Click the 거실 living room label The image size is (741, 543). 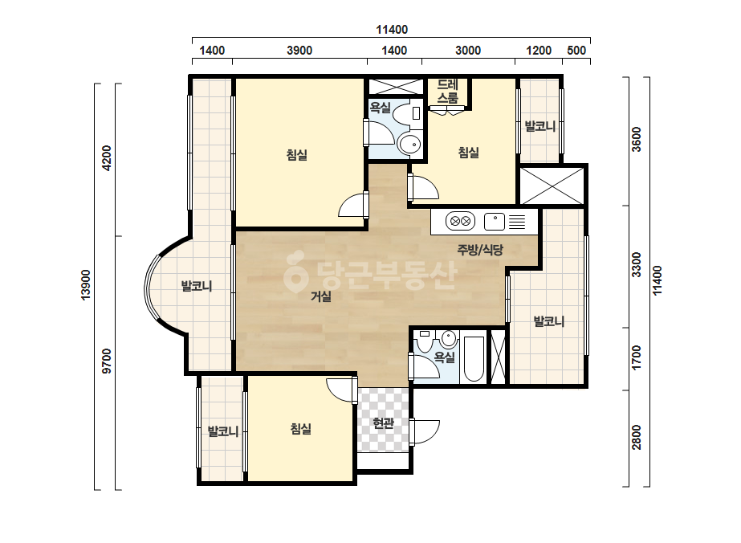click(x=321, y=296)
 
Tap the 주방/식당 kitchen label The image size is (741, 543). click(x=480, y=249)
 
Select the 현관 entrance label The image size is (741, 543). click(x=383, y=423)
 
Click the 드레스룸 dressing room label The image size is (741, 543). click(x=447, y=92)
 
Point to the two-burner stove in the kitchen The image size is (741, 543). click(x=460, y=221)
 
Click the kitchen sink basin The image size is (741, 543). click(x=495, y=222)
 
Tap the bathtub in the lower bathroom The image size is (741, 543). click(x=474, y=358)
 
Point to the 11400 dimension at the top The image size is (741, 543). click(x=392, y=30)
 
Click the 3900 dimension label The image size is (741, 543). click(x=299, y=50)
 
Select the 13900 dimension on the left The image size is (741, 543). click(x=86, y=284)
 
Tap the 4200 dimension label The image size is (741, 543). click(x=108, y=158)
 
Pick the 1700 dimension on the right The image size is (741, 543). click(x=637, y=358)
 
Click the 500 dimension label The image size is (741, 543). click(x=576, y=50)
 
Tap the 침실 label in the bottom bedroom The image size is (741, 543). click(x=300, y=429)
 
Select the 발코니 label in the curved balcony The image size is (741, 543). click(x=197, y=286)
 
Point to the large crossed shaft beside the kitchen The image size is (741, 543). click(x=552, y=186)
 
